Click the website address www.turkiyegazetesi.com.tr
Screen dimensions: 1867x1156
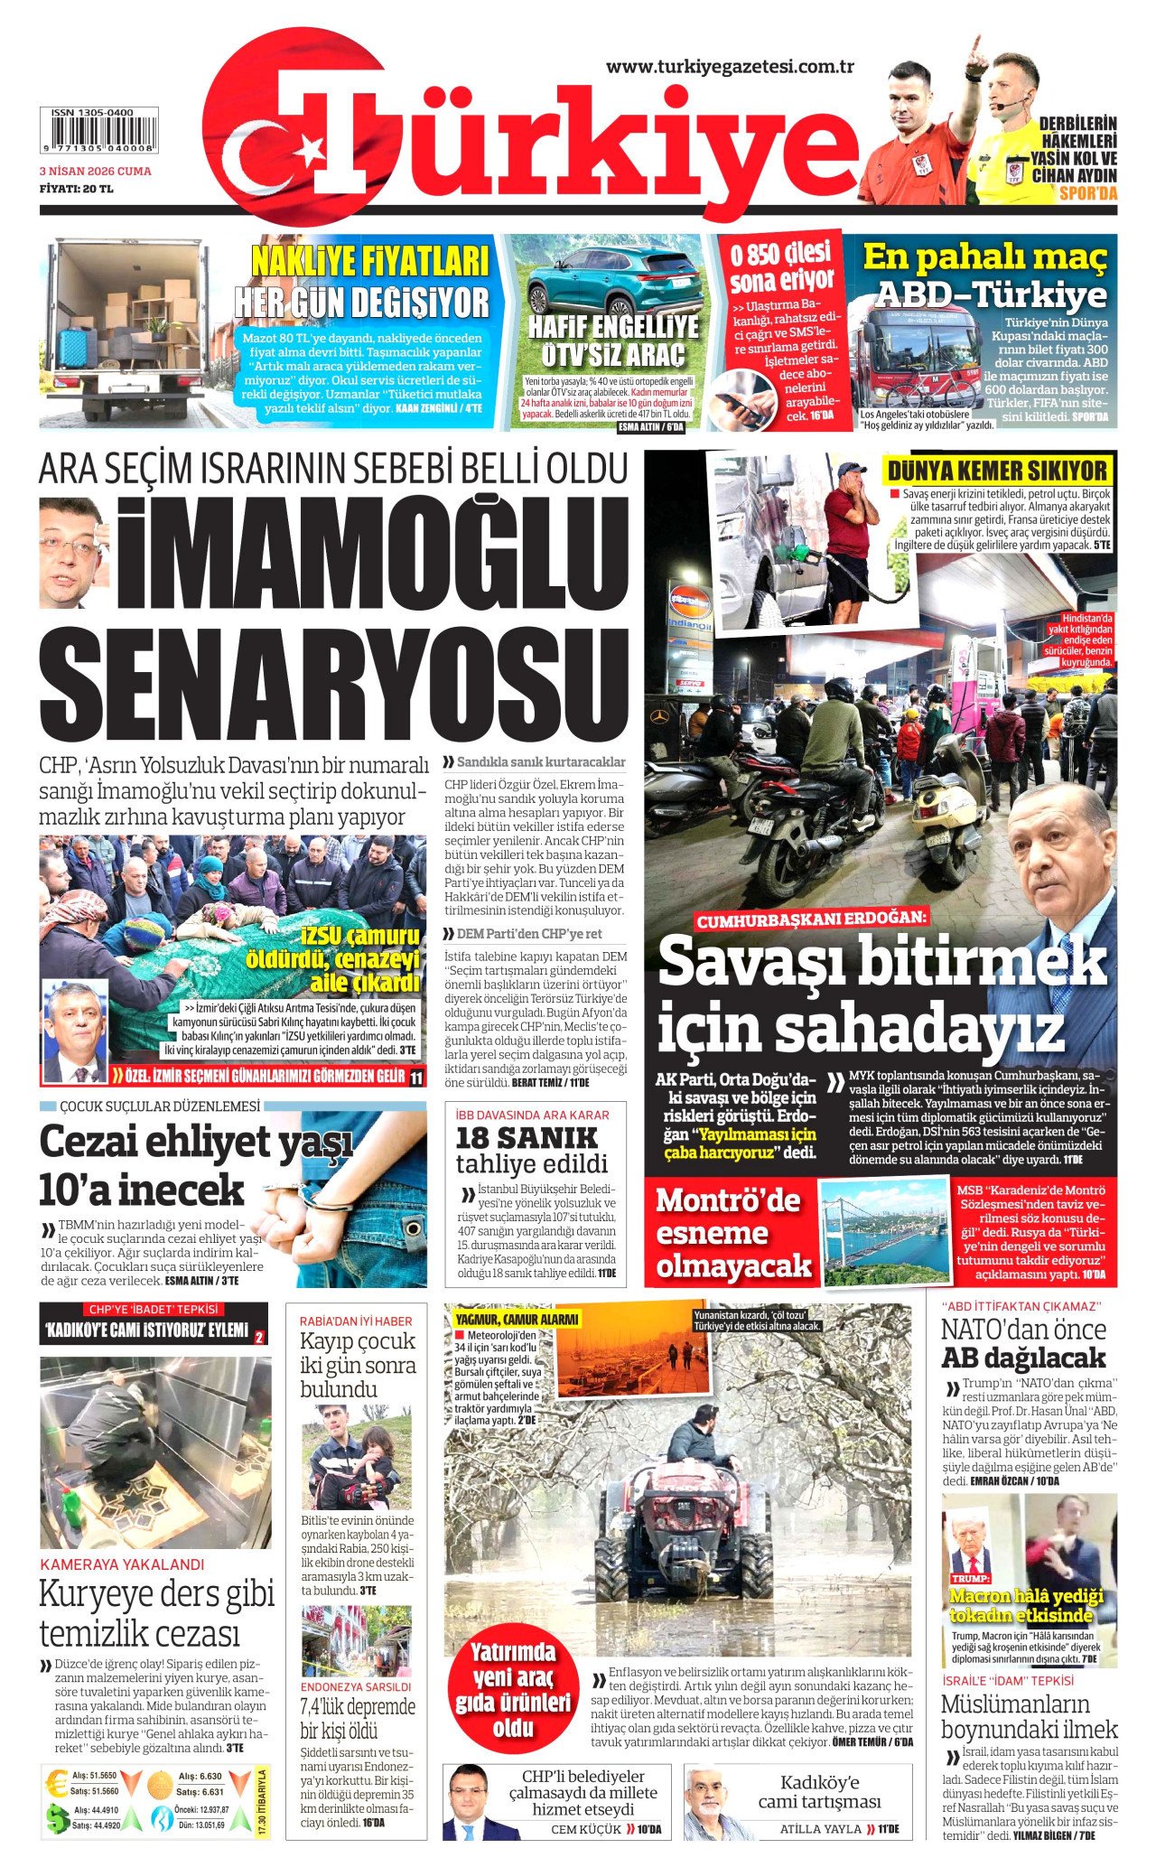730,67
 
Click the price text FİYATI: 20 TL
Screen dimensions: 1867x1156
76,189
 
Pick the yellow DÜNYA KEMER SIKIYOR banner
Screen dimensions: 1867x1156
997,471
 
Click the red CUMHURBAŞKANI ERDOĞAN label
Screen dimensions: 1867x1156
810,919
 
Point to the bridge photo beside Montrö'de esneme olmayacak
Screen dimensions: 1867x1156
883,1231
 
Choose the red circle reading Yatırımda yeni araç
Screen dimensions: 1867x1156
513,1682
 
